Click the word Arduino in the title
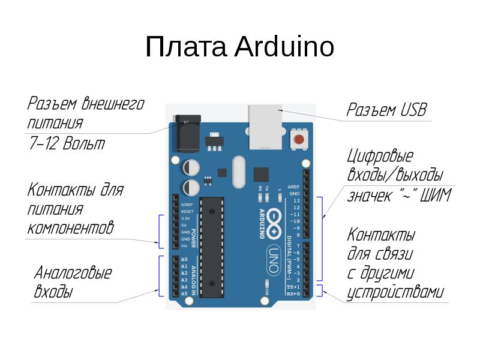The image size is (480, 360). [284, 47]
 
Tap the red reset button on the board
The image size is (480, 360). [299, 140]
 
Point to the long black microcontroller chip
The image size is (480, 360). [211, 246]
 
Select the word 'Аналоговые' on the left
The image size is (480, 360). [73, 273]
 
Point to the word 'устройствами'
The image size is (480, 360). [395, 293]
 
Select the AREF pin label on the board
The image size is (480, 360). [293, 187]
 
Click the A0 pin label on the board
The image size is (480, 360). [184, 259]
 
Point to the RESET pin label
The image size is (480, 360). [187, 212]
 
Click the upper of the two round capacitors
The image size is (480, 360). [191, 166]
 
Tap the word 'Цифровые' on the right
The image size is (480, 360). [380, 157]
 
